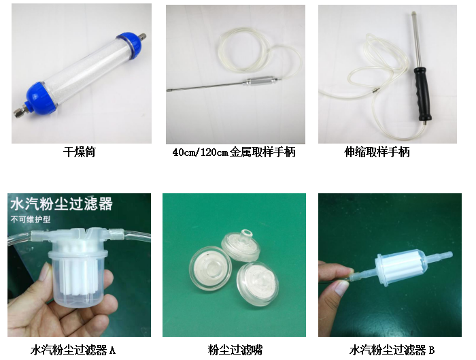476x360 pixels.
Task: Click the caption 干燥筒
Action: (x=80, y=152)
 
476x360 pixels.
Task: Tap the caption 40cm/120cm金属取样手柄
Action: (x=234, y=152)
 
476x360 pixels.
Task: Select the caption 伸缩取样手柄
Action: (x=377, y=152)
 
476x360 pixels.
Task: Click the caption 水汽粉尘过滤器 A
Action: (x=73, y=350)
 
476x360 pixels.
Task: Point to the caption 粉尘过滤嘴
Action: (x=235, y=350)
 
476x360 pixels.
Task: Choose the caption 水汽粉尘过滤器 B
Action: (x=392, y=350)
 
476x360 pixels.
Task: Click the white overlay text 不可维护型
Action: (x=31, y=219)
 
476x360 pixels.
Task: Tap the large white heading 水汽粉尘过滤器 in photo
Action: (x=62, y=204)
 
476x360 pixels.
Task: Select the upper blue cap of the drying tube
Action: (x=129, y=47)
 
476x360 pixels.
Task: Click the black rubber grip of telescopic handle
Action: (x=422, y=93)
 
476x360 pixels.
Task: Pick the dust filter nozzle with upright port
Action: (x=241, y=246)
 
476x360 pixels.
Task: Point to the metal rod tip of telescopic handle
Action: (x=413, y=14)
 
